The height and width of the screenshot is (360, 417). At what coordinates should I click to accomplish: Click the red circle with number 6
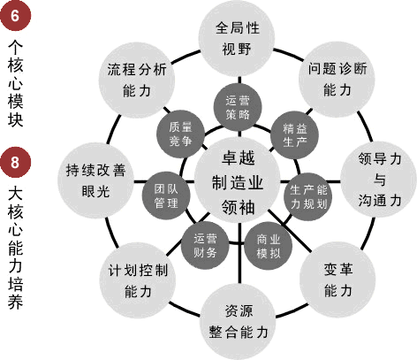coord(16,15)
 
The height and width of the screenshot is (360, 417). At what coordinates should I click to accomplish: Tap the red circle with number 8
coord(16,162)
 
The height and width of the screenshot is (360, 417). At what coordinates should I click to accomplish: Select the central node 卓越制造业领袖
coord(238,181)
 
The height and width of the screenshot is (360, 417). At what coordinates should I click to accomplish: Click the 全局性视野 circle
coord(237,38)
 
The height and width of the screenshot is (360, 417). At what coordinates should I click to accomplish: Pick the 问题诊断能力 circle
coord(337,79)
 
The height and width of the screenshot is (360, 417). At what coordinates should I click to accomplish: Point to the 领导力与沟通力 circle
coord(379,180)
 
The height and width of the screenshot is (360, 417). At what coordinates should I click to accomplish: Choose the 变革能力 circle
coord(337,280)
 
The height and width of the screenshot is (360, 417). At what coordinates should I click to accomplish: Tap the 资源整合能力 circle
coord(239,321)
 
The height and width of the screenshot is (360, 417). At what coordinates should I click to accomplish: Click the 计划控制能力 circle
coord(138,280)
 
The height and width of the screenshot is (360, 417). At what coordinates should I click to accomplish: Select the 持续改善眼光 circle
coord(95,180)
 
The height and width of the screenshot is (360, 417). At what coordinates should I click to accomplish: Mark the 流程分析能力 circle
coord(137,80)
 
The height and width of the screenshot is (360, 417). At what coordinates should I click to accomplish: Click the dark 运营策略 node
coord(238,107)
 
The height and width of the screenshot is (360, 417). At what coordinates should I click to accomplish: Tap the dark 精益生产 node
coord(294,135)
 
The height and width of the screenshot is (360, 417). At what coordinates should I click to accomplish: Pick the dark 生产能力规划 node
coord(308,196)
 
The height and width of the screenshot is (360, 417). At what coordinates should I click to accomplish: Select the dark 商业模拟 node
coord(268,246)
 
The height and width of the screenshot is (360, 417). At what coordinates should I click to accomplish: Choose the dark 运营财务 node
coord(205,245)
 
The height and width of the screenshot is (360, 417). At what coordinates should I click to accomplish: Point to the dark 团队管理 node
coord(166,195)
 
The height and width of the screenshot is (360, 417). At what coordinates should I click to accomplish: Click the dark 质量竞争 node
coord(180,134)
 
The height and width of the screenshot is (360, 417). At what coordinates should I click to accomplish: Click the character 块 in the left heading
coord(16,119)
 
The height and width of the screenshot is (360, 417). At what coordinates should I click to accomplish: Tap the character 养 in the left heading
coord(16,302)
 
